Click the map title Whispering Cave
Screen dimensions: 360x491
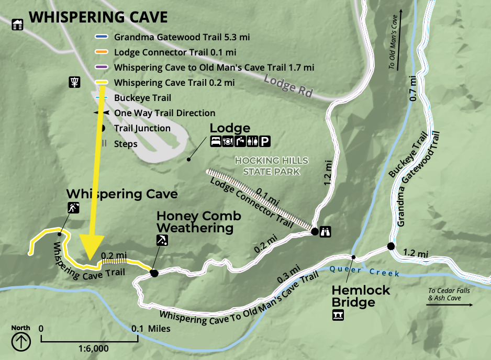[98, 17]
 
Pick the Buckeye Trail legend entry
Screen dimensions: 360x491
[142, 98]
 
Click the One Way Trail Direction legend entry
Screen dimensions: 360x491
[164, 113]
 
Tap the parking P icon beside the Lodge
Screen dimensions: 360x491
[266, 141]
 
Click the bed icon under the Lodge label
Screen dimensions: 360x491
[215, 141]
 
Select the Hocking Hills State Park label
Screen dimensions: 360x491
[271, 165]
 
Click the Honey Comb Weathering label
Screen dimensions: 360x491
[198, 222]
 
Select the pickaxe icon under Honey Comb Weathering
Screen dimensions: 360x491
[162, 240]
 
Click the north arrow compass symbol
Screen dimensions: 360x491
[21, 341]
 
